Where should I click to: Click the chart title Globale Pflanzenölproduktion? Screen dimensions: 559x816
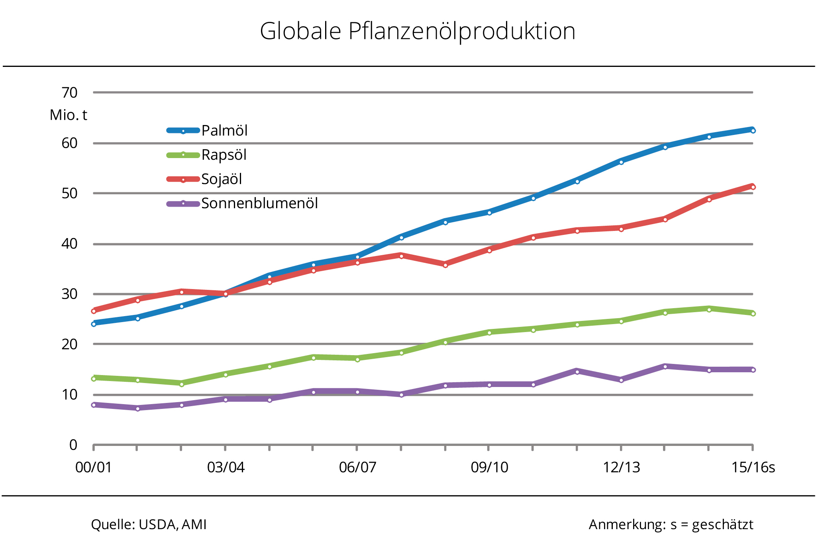[418, 31]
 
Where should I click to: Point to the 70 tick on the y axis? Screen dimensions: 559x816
[69, 93]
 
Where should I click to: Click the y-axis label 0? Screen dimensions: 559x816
[73, 445]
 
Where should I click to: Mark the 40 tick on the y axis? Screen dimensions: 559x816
[69, 244]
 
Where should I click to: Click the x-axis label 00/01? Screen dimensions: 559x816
[94, 467]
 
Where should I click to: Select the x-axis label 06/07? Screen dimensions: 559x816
[357, 467]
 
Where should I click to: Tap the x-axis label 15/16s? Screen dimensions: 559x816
[753, 467]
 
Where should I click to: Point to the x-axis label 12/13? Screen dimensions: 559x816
[621, 467]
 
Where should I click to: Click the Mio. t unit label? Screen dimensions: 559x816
[68, 115]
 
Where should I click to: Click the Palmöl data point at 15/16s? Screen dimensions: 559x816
[753, 131]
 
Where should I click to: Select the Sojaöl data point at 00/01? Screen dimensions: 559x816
[94, 311]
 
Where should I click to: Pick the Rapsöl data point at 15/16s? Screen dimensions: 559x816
[753, 314]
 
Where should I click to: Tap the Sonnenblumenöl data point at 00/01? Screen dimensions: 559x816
[94, 405]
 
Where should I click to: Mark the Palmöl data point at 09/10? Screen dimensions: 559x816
[489, 213]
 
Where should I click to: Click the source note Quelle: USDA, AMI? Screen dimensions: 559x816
[149, 525]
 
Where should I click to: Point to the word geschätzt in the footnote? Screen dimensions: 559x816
[722, 525]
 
